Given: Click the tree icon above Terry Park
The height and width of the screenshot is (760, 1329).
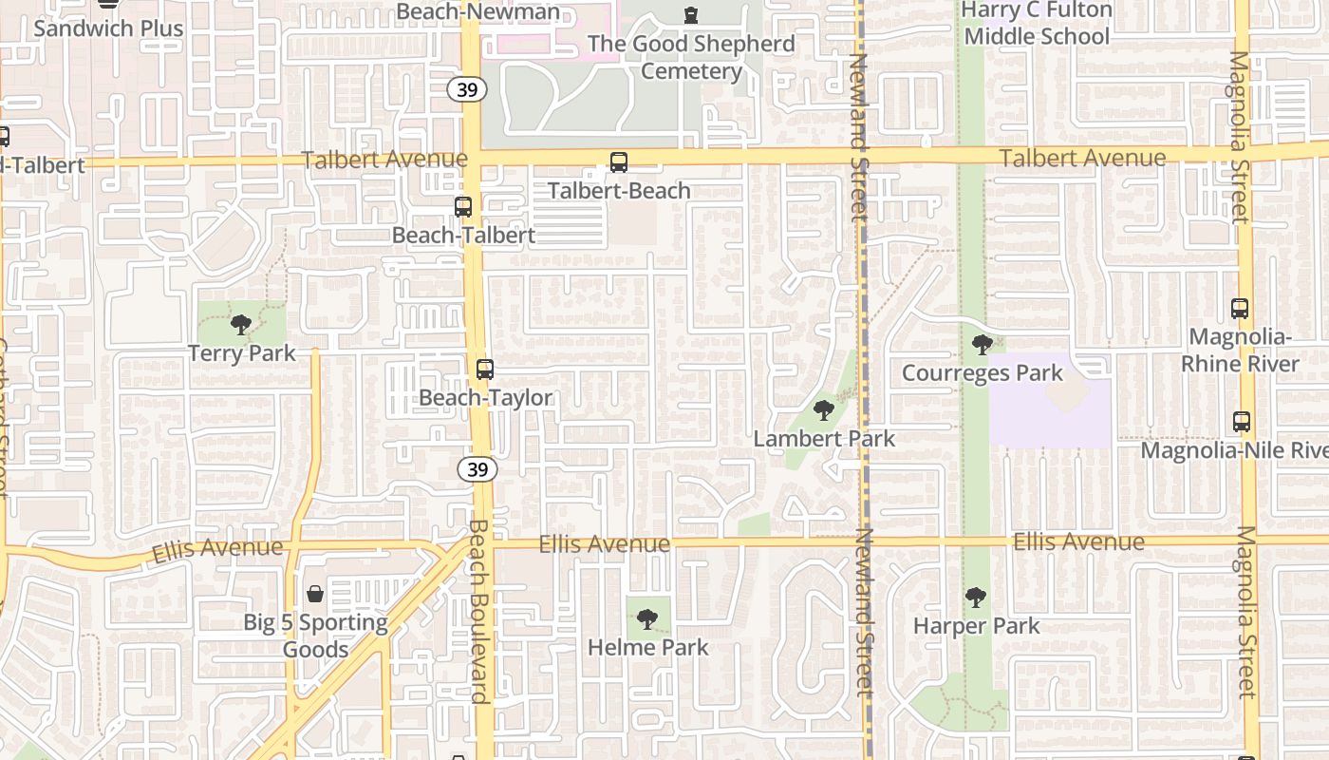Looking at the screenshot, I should click(241, 325).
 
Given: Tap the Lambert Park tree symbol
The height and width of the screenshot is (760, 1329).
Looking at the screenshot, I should click(824, 410).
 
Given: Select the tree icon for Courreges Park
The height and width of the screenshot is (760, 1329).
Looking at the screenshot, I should click(983, 344).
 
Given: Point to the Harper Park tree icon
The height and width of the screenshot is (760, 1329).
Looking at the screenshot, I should click(976, 598).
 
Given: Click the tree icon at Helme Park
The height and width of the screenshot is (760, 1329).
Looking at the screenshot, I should click(647, 619).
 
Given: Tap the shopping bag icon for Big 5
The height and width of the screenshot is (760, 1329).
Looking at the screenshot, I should click(315, 595).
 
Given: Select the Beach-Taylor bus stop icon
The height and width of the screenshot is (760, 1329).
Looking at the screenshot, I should click(485, 370).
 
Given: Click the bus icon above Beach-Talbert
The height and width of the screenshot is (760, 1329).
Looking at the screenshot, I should click(463, 206).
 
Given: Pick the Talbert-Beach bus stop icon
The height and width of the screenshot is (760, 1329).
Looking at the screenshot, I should click(619, 162).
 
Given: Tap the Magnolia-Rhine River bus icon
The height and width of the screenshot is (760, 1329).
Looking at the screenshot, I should click(1240, 309).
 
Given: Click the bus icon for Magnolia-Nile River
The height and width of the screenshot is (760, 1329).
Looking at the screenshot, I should click(1241, 422).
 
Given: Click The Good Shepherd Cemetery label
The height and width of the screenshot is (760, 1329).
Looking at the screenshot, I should click(691, 57).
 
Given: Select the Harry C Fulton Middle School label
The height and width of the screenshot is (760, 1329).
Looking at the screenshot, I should click(1037, 23).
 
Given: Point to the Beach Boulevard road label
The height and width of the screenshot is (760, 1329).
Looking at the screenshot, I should click(478, 611).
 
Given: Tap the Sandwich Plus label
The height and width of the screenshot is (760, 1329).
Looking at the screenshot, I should click(108, 28).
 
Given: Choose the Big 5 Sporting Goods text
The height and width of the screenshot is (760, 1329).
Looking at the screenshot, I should click(316, 636).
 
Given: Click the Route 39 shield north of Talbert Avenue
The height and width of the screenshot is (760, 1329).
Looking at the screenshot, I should click(468, 89).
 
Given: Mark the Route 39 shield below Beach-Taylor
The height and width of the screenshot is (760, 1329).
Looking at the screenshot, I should click(477, 469).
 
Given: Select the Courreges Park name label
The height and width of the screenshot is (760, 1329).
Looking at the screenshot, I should click(983, 372).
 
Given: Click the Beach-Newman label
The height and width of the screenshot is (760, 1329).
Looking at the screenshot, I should click(478, 11).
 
